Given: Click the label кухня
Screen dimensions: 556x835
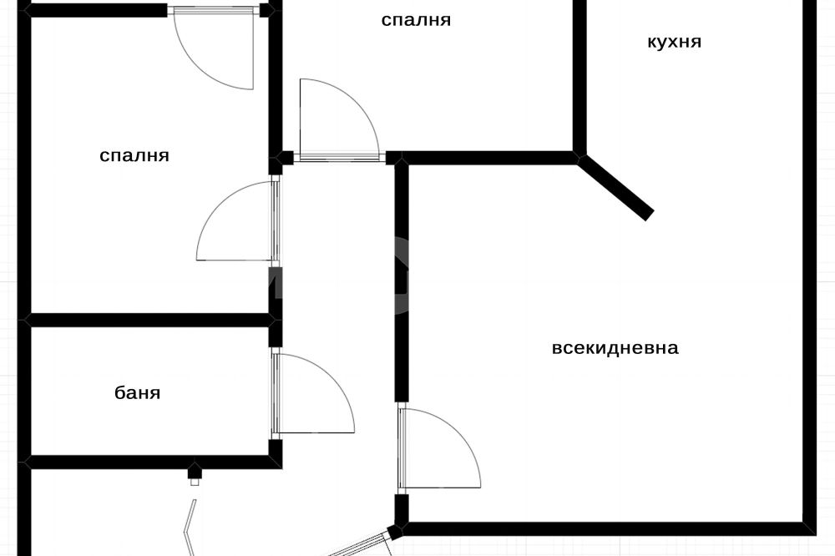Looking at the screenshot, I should (x=674, y=42).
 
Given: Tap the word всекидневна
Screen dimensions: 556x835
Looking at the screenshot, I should (x=615, y=348).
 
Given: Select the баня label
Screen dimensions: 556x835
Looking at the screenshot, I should (x=138, y=392).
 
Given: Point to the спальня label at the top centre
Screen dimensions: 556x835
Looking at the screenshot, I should (x=416, y=20).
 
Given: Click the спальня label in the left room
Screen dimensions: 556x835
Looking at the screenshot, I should (x=134, y=155).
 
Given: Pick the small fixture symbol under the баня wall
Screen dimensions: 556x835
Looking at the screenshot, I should (x=195, y=473).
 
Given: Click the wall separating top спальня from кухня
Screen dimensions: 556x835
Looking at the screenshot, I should (x=579, y=75).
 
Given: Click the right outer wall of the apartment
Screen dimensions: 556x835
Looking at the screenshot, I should (x=808, y=267).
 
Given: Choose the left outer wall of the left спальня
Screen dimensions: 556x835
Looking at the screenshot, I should (x=25, y=167).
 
